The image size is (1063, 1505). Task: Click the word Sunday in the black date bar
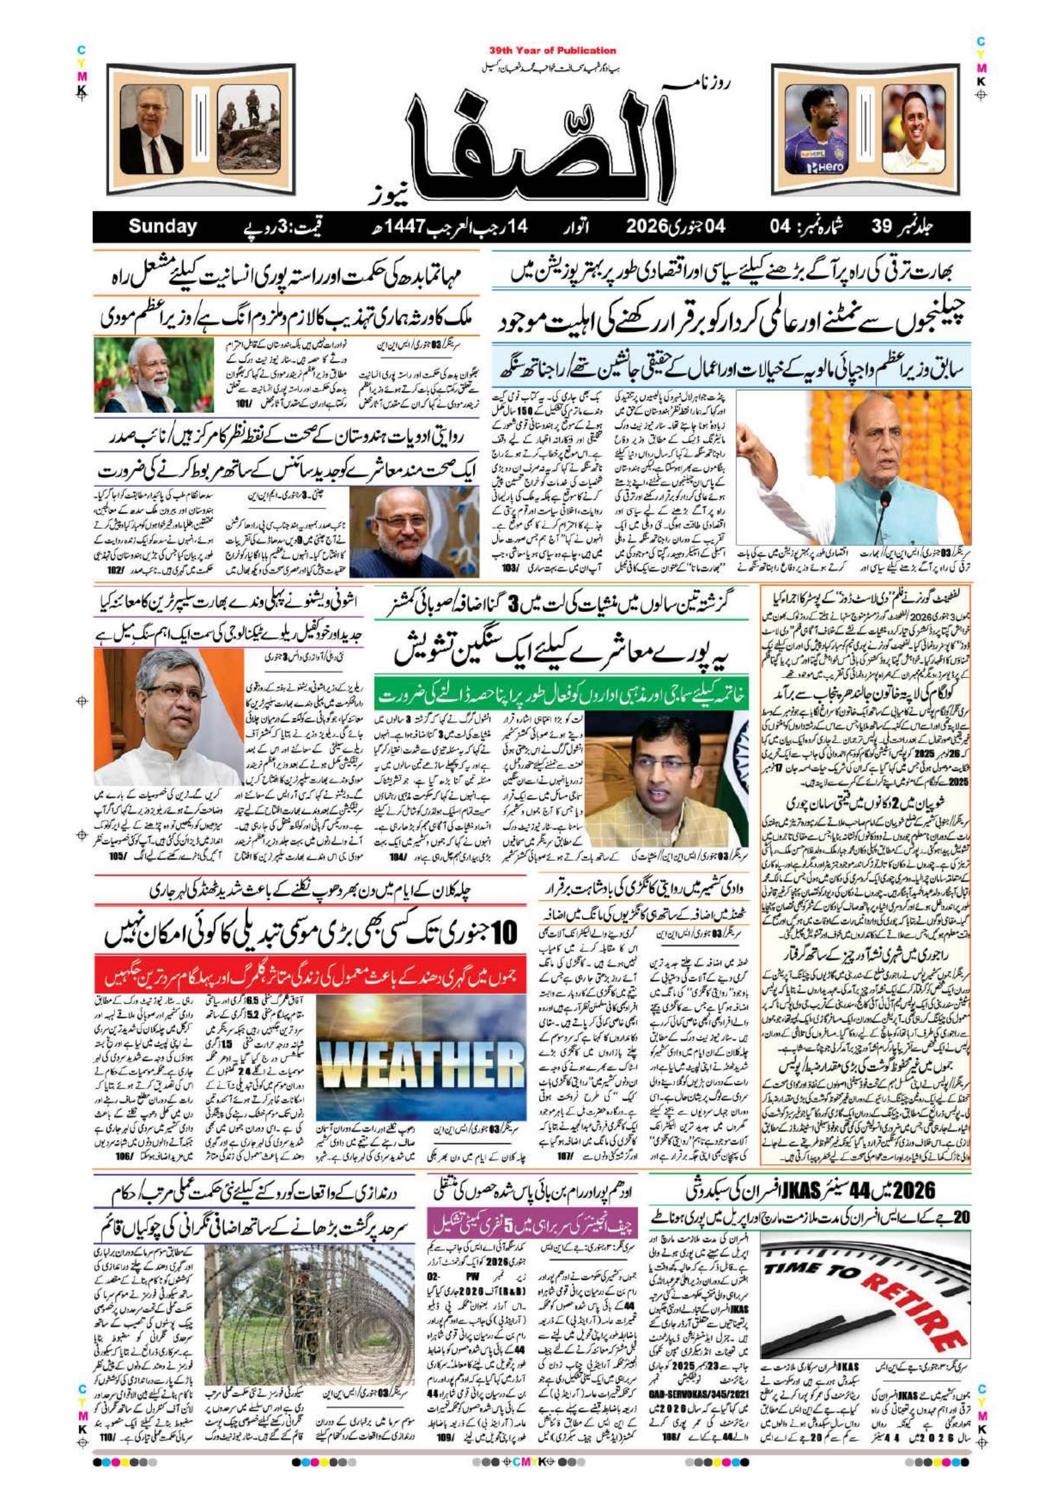click(163, 227)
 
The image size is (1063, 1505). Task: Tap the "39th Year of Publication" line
click(553, 51)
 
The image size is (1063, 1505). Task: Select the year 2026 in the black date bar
click(646, 227)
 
